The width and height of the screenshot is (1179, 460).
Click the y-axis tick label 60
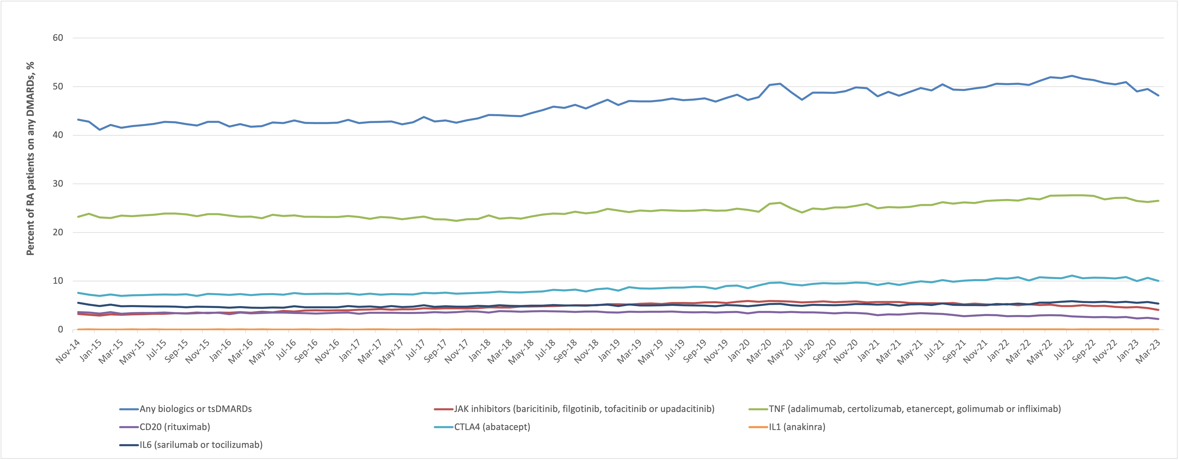click(58, 38)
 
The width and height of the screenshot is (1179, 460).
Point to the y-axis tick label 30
click(58, 184)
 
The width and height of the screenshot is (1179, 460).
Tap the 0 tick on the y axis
click(60, 330)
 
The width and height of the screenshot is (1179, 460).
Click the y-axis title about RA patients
click(30, 158)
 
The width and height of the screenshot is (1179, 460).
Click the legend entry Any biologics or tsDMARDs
click(195, 409)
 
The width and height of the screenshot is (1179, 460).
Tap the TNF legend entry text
click(914, 409)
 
